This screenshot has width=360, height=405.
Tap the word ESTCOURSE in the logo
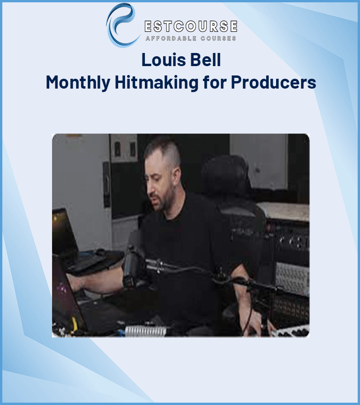click(x=190, y=26)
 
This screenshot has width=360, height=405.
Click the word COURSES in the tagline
click(x=219, y=38)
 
